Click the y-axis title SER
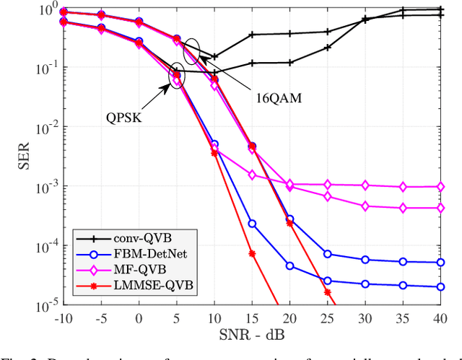coord(22,156)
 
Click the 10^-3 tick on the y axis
coord(42,186)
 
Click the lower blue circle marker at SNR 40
coord(441,287)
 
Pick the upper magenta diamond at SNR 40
coord(441,186)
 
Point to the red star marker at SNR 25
coord(327,293)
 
